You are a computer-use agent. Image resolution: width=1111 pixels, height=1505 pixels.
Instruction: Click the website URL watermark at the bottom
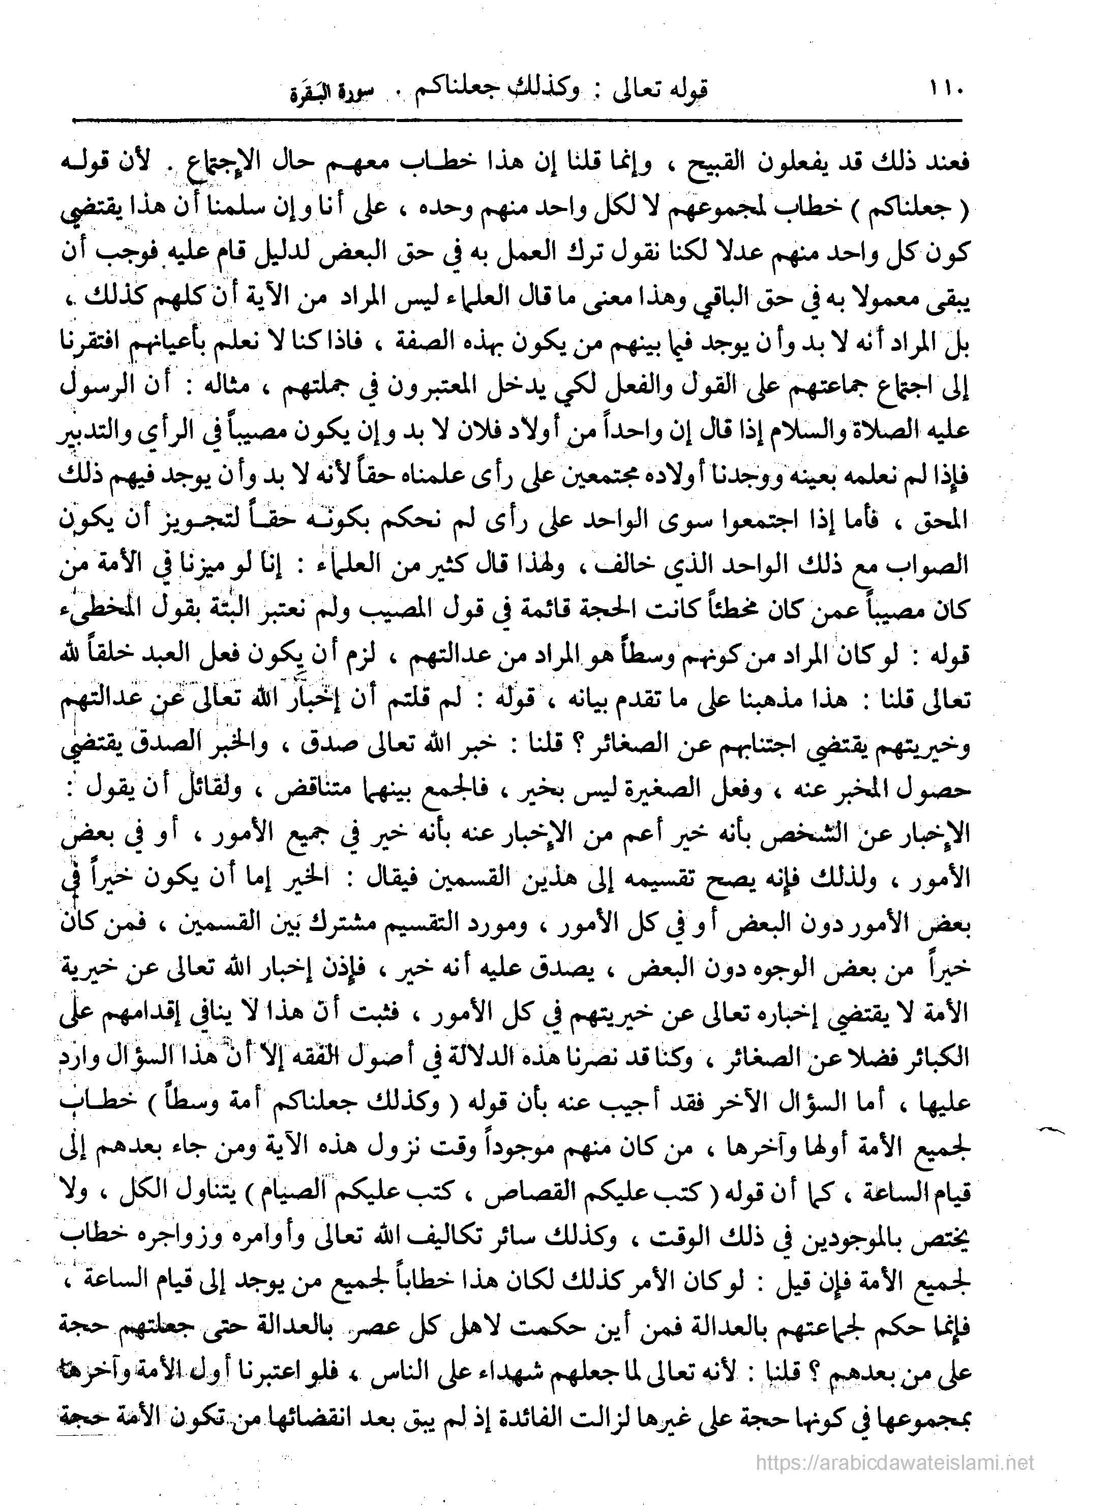(x=894, y=1461)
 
